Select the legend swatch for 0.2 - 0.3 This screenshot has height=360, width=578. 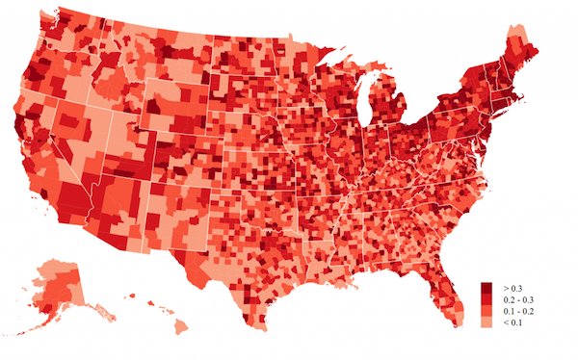[486, 299]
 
